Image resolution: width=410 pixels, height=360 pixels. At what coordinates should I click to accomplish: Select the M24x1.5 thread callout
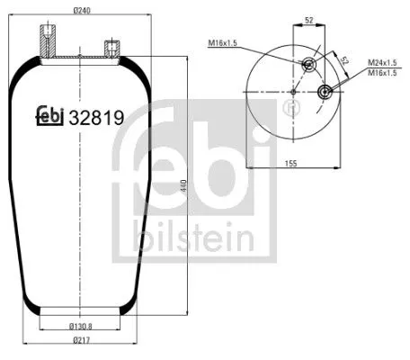(x=383, y=62)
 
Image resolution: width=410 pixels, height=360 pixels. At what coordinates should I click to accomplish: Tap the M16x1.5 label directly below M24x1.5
(x=383, y=73)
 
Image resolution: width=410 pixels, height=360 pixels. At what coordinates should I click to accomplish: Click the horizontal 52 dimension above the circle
(x=308, y=18)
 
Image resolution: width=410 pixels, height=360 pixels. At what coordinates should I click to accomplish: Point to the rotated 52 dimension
(x=344, y=63)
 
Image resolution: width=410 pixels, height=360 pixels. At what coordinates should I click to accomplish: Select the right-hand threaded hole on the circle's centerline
(x=324, y=92)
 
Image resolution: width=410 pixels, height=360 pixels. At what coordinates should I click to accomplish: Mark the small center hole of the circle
(x=295, y=92)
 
